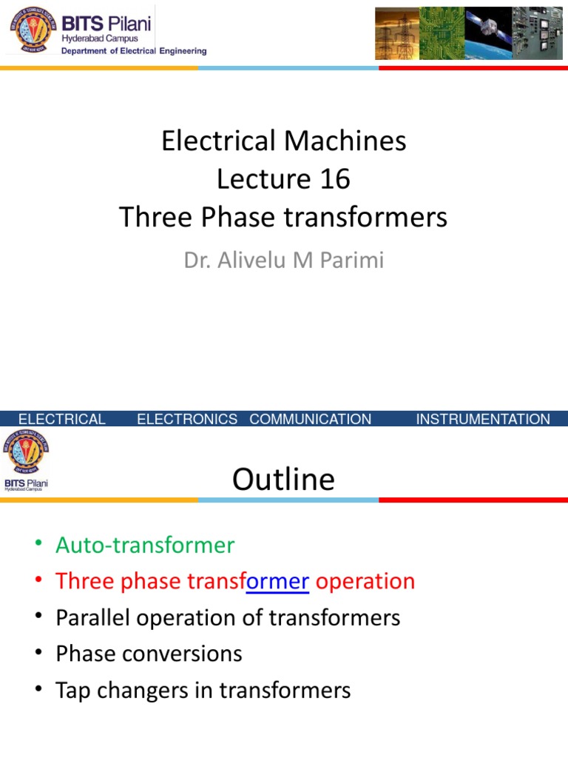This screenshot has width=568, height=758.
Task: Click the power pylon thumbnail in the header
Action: pos(396,34)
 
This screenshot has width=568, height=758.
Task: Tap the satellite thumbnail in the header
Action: pos(487,34)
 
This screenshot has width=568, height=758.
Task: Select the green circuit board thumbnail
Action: pos(442,34)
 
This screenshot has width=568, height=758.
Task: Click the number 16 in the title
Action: pos(333,179)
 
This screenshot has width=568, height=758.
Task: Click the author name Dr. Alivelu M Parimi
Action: pos(284,261)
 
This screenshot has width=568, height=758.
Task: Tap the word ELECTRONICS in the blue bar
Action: pos(187,420)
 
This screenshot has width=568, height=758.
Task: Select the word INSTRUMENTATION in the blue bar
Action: pos(483,420)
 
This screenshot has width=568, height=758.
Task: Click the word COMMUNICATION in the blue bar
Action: pos(311,420)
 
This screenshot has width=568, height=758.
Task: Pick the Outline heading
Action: pos(283,480)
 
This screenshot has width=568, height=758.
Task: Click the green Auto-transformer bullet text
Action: pos(145,546)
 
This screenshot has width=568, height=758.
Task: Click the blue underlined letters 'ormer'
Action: pos(277,581)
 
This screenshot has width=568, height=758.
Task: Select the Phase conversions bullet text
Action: pos(149,654)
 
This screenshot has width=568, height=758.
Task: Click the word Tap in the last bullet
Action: pos(72,690)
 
